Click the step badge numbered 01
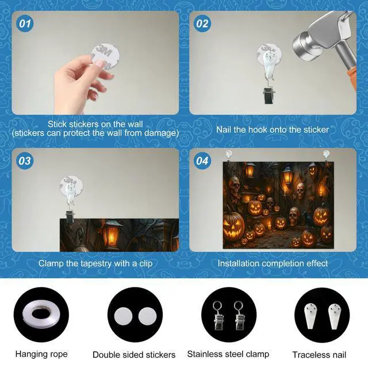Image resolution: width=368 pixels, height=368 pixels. [25, 24]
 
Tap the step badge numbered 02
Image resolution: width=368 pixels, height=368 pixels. [202, 24]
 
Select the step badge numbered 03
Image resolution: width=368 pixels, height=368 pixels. [25, 161]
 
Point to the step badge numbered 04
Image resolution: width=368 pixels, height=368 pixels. [202, 161]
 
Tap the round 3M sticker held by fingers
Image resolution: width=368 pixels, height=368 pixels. [105, 56]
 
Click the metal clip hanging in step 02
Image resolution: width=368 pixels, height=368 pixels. [269, 94]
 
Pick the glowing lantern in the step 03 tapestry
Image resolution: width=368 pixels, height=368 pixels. [112, 234]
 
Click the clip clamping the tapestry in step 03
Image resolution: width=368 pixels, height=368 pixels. [70, 216]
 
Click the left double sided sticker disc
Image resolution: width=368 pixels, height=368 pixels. [123, 316]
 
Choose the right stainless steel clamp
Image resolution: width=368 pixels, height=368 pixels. [239, 315]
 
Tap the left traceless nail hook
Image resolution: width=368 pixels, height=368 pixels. [310, 316]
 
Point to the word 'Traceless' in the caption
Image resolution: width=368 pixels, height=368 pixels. [308, 355]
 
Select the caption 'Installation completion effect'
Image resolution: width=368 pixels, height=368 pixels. [273, 263]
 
